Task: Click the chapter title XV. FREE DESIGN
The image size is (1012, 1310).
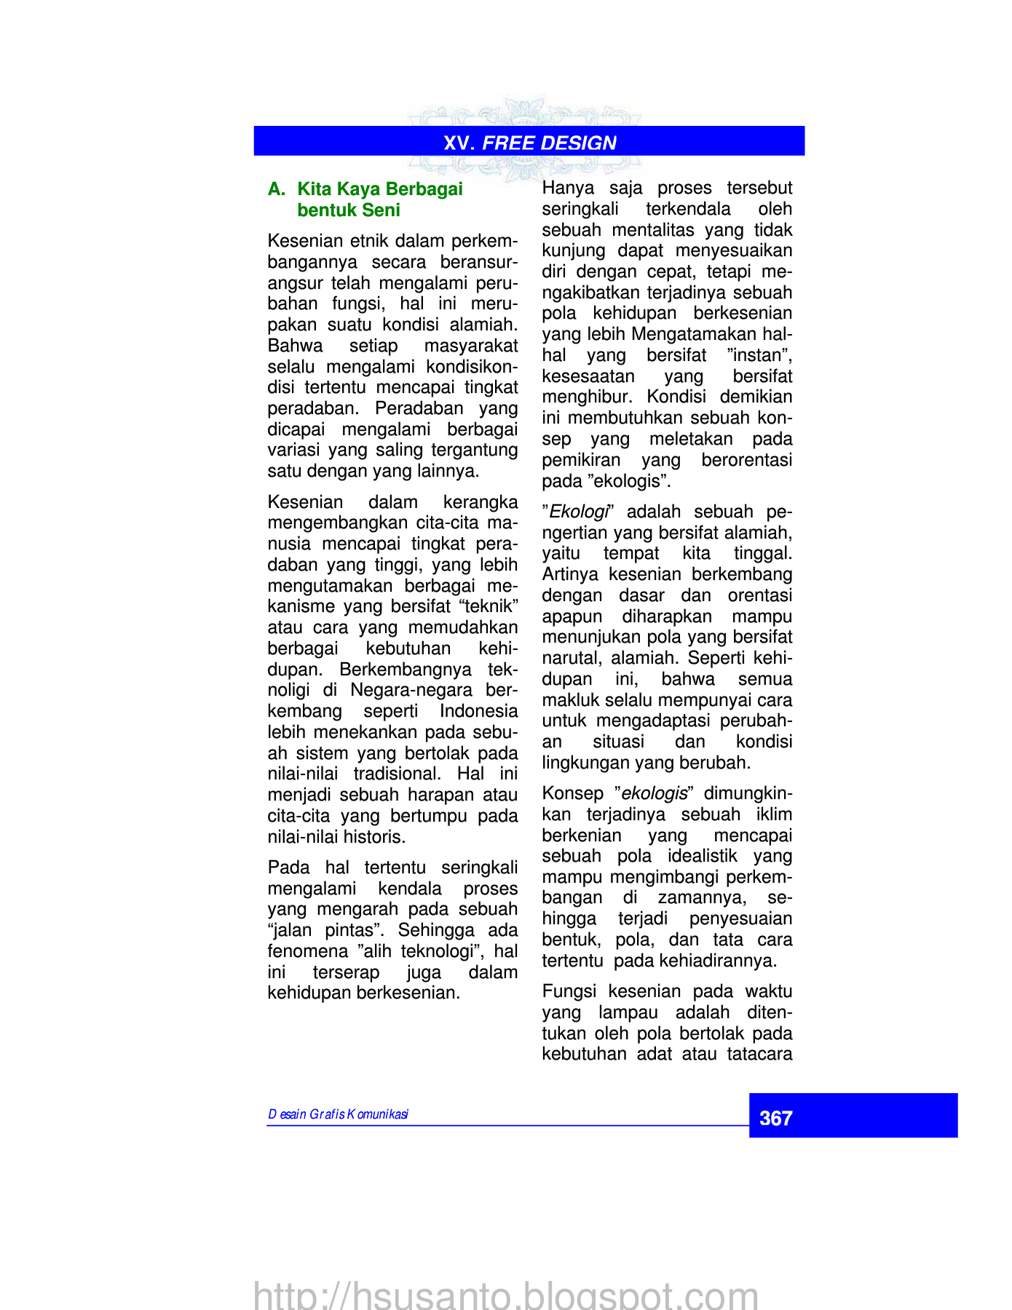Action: click(x=529, y=143)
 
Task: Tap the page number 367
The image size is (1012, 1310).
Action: click(x=775, y=1118)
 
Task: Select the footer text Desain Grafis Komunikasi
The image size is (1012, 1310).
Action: click(x=338, y=1114)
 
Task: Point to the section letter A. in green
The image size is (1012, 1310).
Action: click(x=277, y=189)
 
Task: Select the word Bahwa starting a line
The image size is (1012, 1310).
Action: click(x=295, y=346)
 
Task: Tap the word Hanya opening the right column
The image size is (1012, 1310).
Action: click(x=568, y=188)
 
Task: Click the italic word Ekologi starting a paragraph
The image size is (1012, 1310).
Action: click(x=578, y=512)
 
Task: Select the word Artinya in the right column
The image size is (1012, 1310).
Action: click(x=570, y=574)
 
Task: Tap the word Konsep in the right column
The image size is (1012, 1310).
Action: click(x=573, y=793)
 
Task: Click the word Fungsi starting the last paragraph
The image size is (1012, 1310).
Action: click(x=569, y=991)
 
